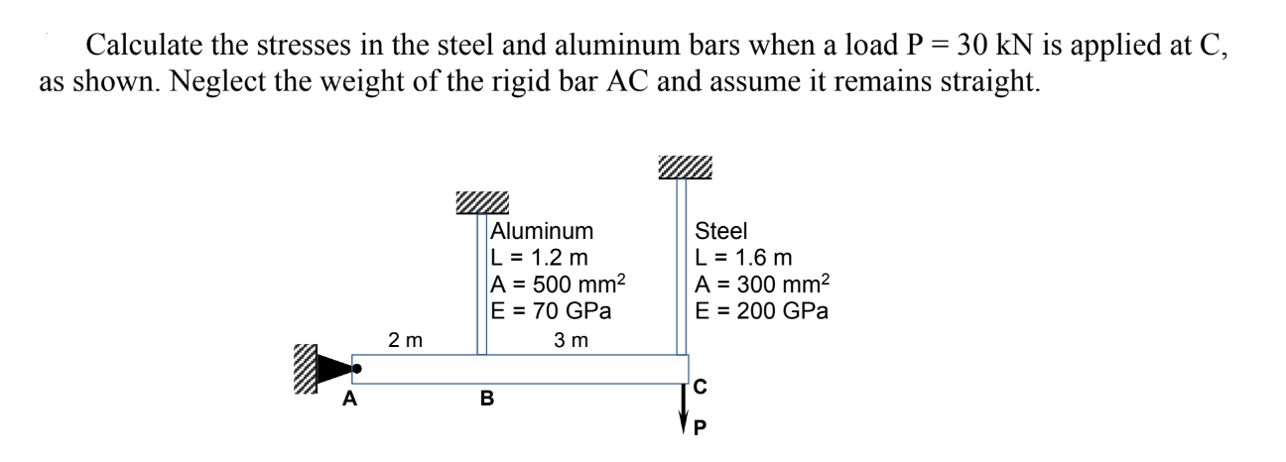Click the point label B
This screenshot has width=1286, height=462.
pyautogui.click(x=486, y=400)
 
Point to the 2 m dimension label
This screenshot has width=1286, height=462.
pyautogui.click(x=405, y=341)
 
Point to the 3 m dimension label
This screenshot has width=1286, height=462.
pyautogui.click(x=572, y=341)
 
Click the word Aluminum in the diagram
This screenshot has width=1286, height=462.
pyautogui.click(x=542, y=232)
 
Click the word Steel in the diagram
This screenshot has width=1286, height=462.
pyautogui.click(x=720, y=232)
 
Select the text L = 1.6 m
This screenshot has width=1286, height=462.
pyautogui.click(x=743, y=258)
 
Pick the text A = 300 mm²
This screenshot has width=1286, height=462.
pyautogui.click(x=762, y=284)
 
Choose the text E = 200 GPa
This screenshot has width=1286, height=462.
pyautogui.click(x=762, y=310)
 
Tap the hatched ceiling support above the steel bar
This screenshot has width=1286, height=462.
pyautogui.click(x=684, y=168)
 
